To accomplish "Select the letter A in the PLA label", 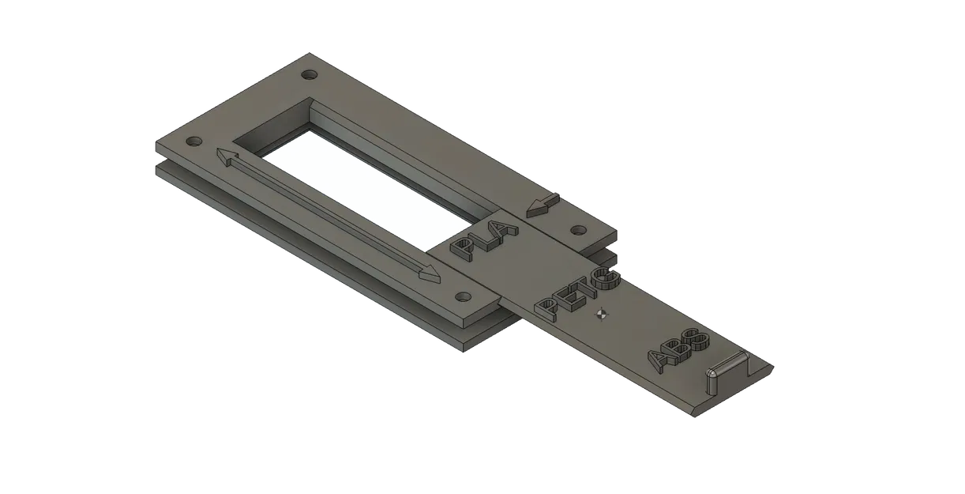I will [x=503, y=229].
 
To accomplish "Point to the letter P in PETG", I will [x=546, y=306].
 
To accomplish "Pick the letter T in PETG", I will [x=587, y=286].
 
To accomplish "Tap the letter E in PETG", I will [x=567, y=296].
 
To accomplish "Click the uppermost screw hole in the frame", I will [x=309, y=75].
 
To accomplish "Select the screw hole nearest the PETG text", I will [x=462, y=296].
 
